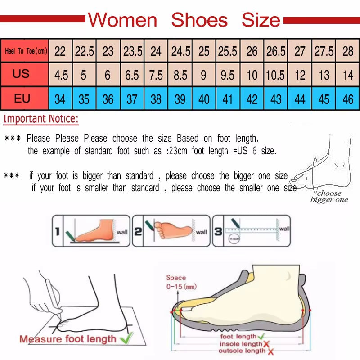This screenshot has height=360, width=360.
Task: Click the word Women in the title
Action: pos(122,20)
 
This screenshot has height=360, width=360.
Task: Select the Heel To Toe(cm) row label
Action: pos(26,51)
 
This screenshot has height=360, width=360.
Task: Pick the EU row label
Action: pos(22,99)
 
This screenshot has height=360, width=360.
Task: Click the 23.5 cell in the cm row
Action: pos(133,51)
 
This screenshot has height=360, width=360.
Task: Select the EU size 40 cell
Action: pos(204,99)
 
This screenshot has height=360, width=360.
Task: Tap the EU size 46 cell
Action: pos(348,99)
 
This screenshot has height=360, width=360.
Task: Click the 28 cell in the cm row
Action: pos(348,51)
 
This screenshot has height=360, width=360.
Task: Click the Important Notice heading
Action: pos(41,119)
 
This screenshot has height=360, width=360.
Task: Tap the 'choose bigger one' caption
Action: pos(329,197)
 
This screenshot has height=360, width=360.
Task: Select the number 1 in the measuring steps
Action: pos(57,231)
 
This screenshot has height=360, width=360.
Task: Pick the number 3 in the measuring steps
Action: pos(218,231)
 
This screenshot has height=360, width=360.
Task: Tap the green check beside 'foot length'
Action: pos(261,336)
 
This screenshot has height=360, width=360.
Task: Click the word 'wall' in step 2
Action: pos(202,232)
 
